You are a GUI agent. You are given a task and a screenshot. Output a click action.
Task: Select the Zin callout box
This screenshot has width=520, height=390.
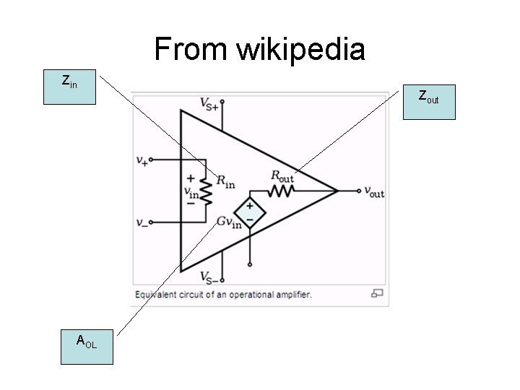(x=69, y=87)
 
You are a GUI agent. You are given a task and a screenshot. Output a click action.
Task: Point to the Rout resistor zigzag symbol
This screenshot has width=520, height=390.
(x=281, y=191)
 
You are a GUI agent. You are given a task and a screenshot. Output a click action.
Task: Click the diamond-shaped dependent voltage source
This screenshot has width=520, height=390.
(x=250, y=212)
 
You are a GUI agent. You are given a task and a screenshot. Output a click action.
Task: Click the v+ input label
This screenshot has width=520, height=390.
(x=142, y=161)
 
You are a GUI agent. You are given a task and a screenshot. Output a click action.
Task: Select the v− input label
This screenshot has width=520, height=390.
(x=142, y=222)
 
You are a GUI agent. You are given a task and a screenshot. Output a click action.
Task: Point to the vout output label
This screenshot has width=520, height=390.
(x=374, y=192)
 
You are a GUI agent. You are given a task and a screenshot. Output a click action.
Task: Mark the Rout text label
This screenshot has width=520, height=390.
(x=282, y=175)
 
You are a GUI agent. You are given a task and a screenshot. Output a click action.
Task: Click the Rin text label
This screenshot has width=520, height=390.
(x=225, y=181)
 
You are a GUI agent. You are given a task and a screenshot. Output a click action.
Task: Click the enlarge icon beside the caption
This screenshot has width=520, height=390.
(x=377, y=293)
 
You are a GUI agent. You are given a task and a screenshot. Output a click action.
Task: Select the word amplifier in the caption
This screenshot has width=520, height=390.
(x=290, y=295)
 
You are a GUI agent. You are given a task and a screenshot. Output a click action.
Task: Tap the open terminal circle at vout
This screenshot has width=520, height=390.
(x=360, y=191)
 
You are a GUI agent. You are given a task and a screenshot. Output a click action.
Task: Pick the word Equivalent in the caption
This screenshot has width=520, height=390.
(x=157, y=295)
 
